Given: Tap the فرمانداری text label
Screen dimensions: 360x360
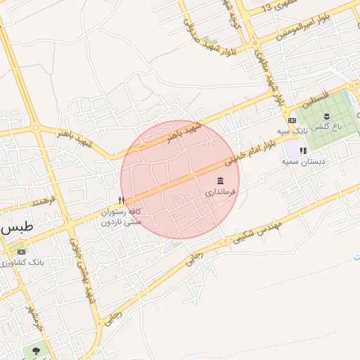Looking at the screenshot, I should (222, 191).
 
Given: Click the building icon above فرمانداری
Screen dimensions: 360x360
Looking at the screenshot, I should (221, 181).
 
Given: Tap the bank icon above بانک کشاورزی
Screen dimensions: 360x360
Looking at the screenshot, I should (21, 252).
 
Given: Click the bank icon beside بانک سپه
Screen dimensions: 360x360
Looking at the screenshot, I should (292, 121).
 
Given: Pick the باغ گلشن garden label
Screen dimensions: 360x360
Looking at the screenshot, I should (326, 127).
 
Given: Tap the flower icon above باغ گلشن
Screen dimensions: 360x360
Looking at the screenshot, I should (326, 116).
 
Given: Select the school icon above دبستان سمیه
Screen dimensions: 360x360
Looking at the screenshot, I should (303, 150).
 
